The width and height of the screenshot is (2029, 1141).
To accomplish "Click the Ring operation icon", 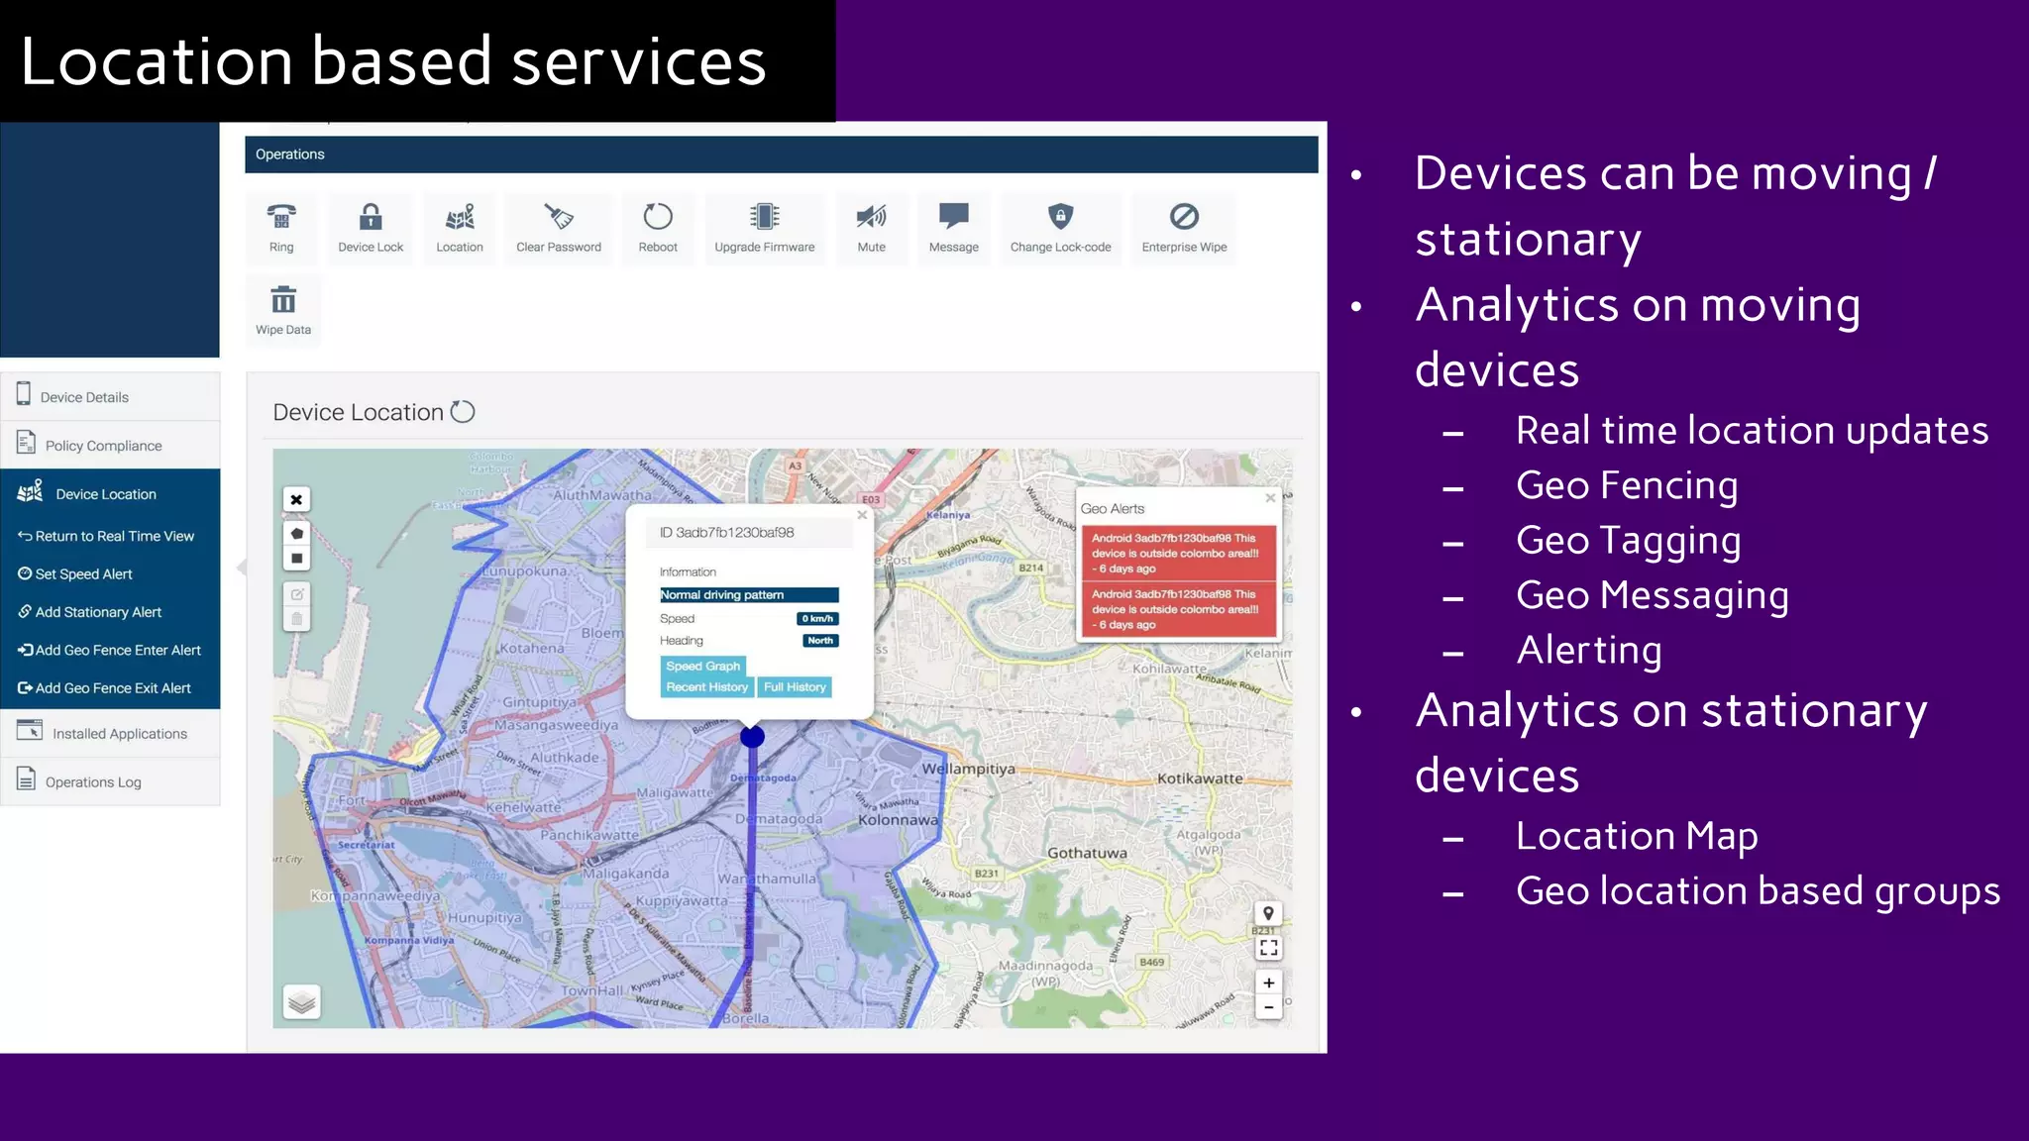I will coord(281,217).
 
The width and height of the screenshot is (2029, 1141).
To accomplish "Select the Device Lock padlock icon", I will coord(371,217).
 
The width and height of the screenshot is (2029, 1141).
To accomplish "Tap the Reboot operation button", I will coord(658,217).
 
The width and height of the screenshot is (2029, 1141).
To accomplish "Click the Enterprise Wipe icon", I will coord(1184,217).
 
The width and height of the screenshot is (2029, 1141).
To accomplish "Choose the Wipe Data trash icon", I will coord(283,300).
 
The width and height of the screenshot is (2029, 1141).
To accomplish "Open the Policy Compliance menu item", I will coord(103,446).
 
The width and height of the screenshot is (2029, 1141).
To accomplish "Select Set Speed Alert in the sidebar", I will coord(83,574).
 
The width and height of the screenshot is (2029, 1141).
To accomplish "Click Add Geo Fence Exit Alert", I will coord(112,688).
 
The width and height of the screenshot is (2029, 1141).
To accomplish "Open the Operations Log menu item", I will coord(93,782).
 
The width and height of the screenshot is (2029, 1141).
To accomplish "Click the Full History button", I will coord(795,687).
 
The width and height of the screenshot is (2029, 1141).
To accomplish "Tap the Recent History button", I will coord(706,687).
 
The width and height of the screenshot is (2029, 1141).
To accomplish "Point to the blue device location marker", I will coord(753,737).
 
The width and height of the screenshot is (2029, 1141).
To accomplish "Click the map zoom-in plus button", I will coord(1269,983).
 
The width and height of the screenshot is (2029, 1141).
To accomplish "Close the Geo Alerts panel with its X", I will coord(1270,498).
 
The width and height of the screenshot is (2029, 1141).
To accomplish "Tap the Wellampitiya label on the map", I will coord(968,769).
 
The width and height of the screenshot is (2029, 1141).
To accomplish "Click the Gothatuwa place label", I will coord(1087,853).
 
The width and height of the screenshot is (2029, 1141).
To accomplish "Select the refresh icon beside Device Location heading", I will coord(463,411).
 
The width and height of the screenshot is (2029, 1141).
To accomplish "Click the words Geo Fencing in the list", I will coord(1627,485).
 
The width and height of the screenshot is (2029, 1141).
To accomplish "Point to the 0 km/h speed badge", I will coord(818,619).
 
